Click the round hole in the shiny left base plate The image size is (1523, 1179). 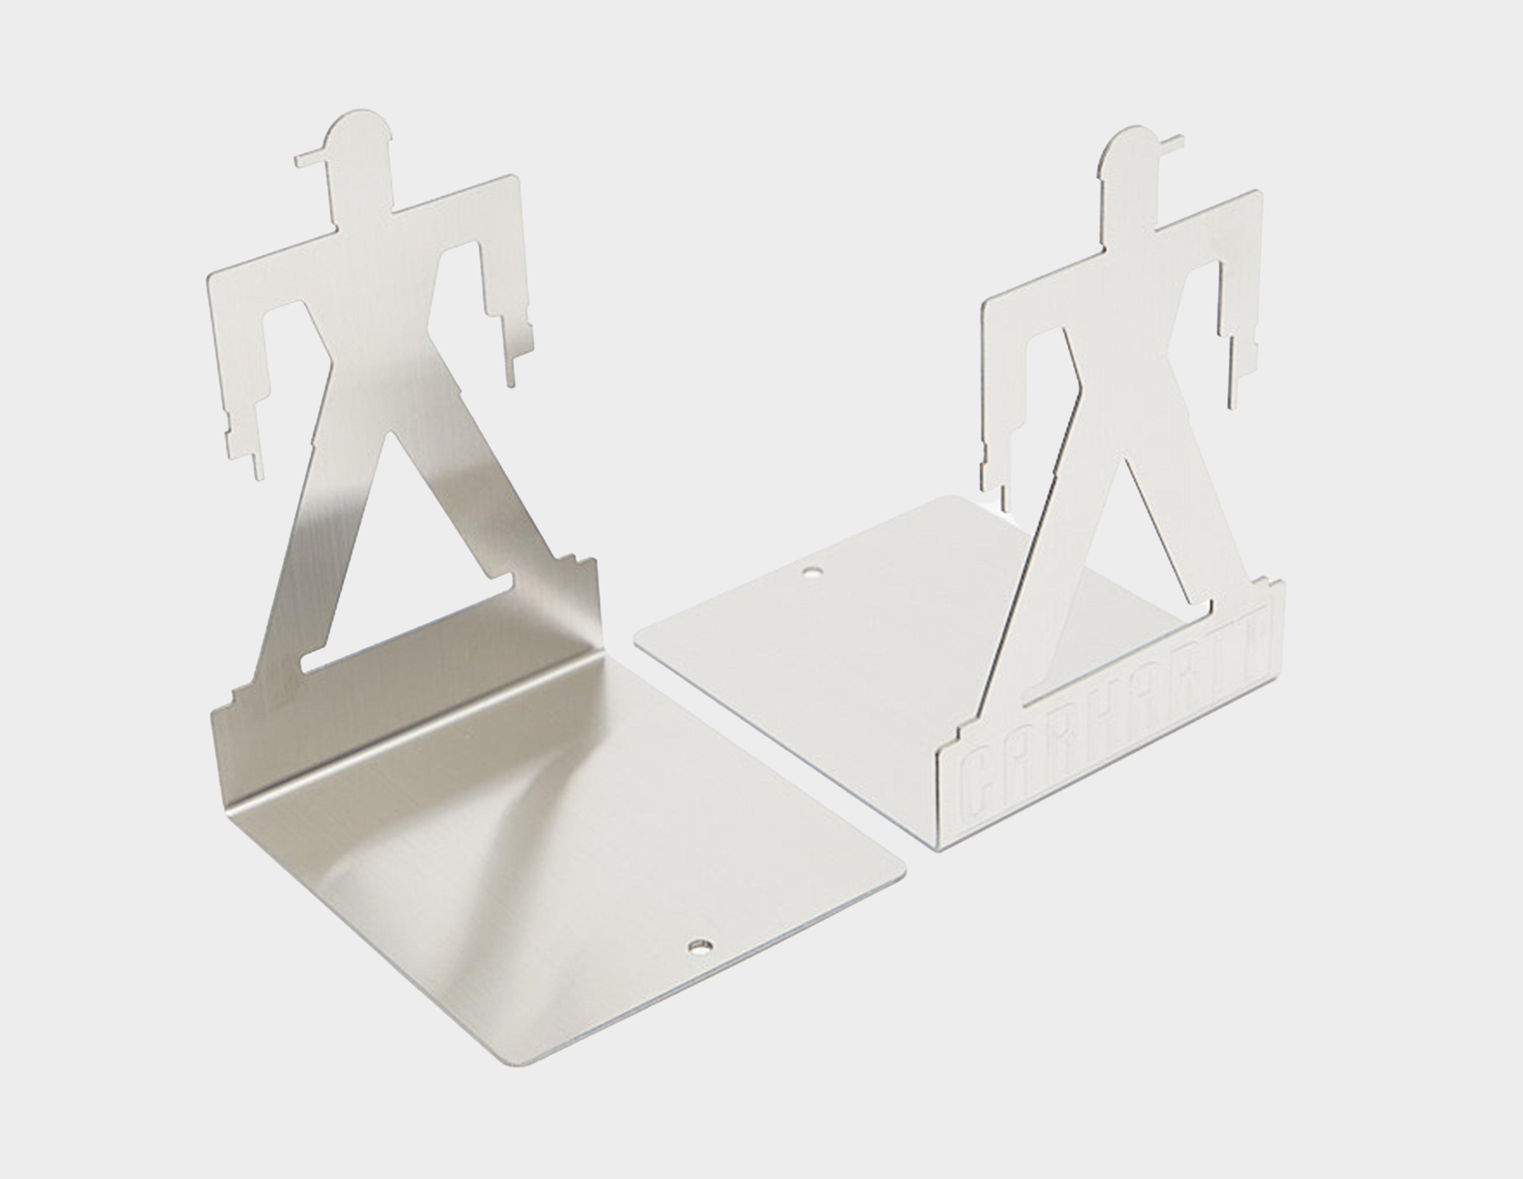pyautogui.click(x=699, y=946)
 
